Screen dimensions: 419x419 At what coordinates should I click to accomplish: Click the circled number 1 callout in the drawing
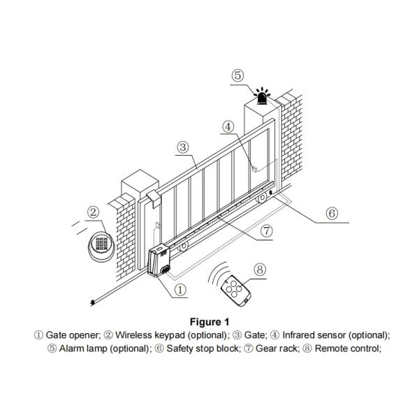pyautogui.click(x=179, y=288)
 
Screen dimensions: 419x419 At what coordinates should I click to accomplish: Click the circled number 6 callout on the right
pyautogui.click(x=332, y=212)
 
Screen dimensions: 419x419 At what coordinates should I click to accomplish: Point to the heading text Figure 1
pyautogui.click(x=209, y=323)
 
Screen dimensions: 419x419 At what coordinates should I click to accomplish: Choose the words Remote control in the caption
pyautogui.click(x=348, y=348)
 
